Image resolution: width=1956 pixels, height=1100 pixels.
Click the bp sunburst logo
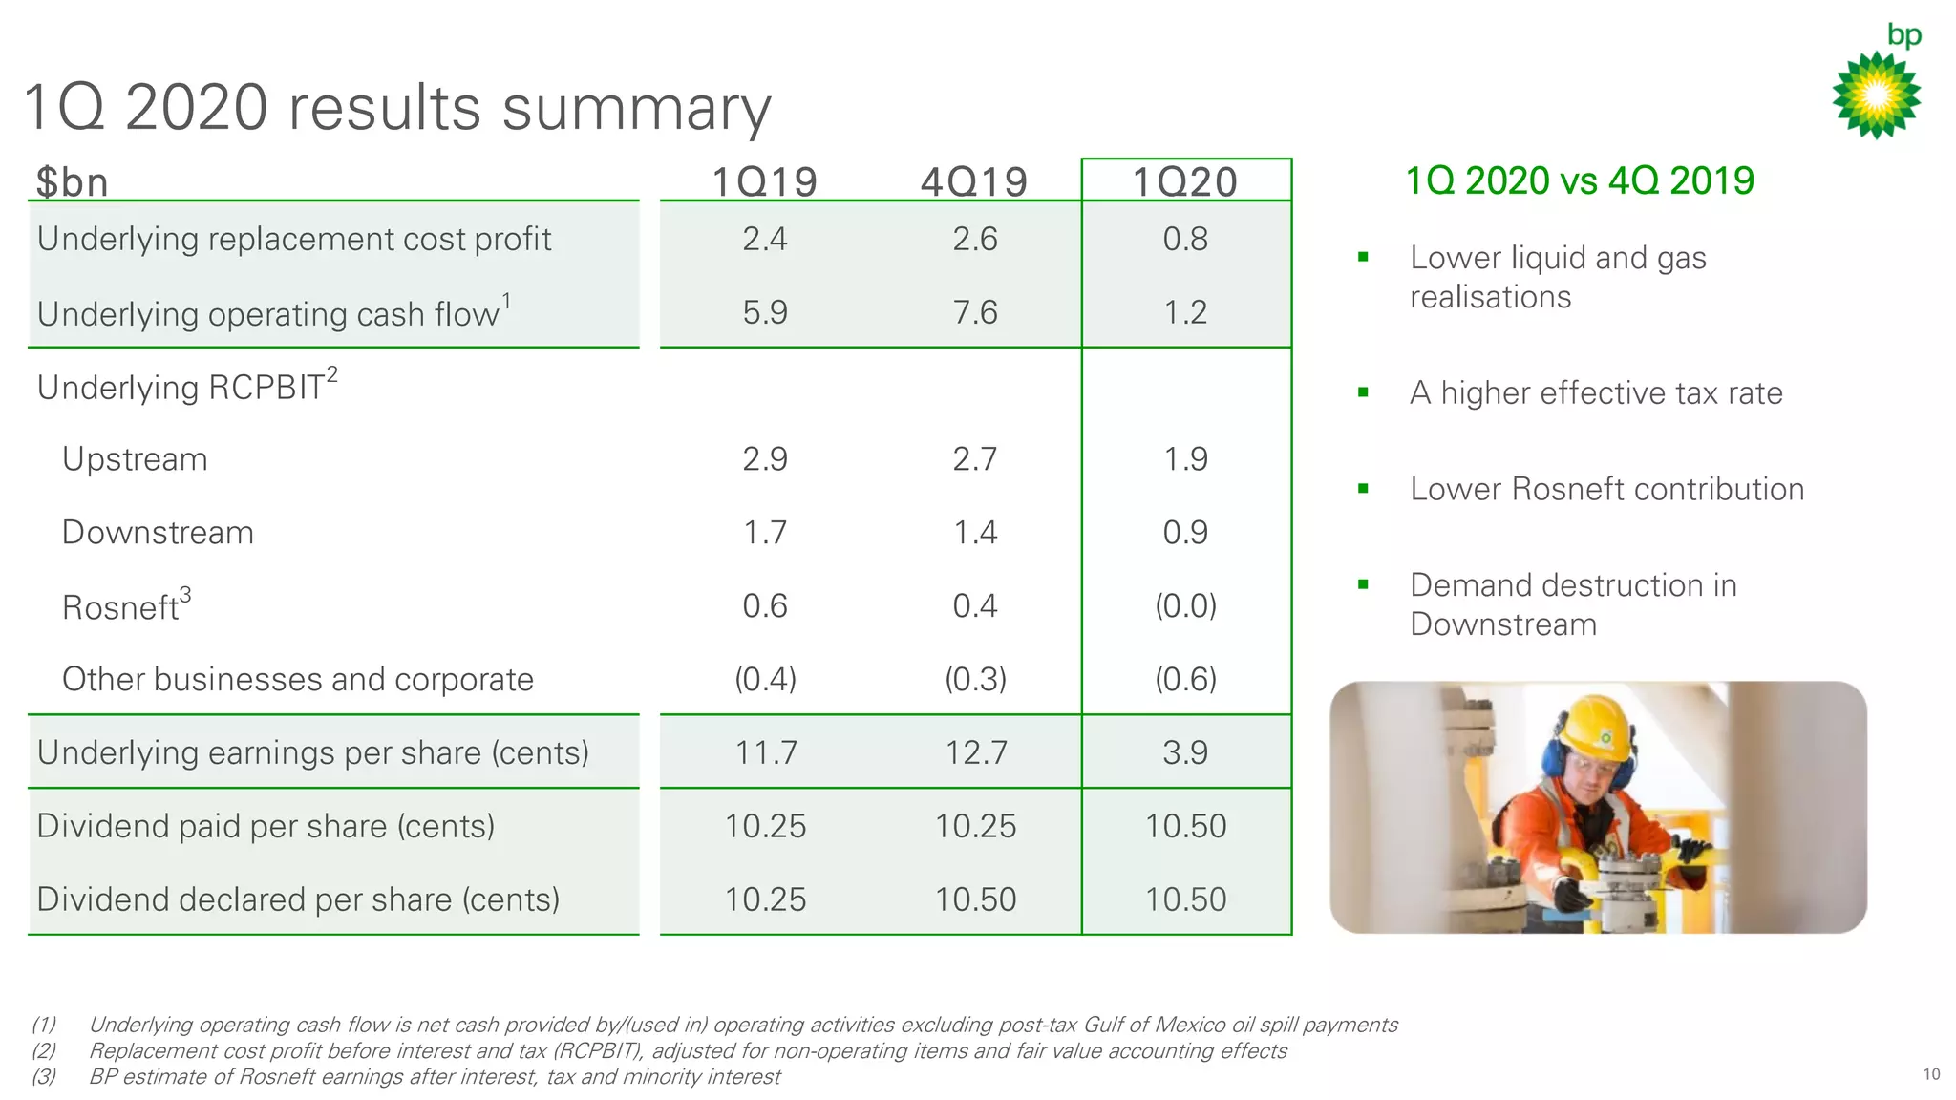click(1876, 95)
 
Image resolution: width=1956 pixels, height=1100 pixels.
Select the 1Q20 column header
click(1185, 182)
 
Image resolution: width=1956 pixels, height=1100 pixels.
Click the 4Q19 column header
click(974, 182)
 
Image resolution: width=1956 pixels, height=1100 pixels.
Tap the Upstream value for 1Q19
click(765, 459)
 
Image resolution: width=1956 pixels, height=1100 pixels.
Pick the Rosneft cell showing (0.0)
click(1185, 606)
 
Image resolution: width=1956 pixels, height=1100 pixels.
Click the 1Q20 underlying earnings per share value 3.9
click(1185, 752)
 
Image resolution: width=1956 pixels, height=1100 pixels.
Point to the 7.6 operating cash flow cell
click(974, 312)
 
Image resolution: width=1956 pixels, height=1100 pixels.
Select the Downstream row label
click(158, 533)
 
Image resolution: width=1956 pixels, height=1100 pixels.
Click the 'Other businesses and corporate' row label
click(297, 680)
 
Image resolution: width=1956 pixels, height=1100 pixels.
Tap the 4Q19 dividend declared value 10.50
click(974, 899)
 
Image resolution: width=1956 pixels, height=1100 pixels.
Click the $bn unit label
click(72, 182)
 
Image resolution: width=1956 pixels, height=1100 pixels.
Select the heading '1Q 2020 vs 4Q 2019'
click(1580, 180)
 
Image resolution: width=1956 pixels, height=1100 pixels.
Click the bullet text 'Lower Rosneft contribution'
click(1606, 489)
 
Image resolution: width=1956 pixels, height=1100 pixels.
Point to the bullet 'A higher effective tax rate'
click(1596, 392)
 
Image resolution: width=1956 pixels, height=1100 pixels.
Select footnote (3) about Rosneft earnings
click(434, 1077)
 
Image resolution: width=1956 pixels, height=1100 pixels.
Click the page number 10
click(1931, 1074)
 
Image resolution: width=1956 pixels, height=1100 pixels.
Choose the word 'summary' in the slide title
click(636, 108)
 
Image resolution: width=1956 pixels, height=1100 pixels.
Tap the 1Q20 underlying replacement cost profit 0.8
click(1185, 239)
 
